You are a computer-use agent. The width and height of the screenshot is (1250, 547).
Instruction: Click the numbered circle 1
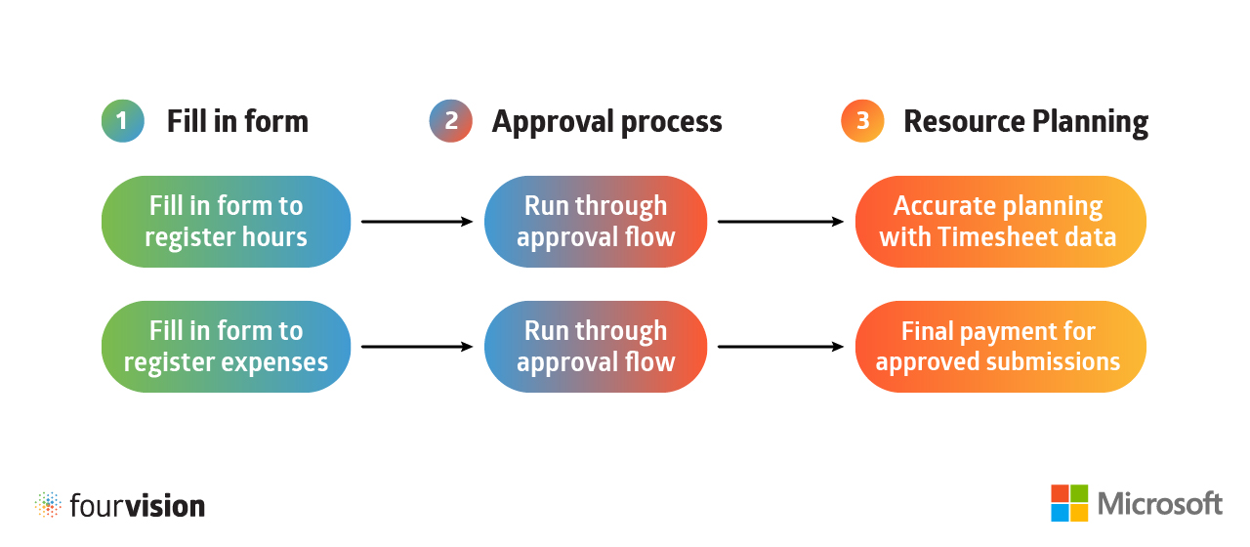pyautogui.click(x=122, y=122)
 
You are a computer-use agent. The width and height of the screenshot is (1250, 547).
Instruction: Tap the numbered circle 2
pyautogui.click(x=450, y=122)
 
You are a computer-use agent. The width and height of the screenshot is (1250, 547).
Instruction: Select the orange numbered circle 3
pyautogui.click(x=862, y=122)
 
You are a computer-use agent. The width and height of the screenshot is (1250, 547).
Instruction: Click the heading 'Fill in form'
pyautogui.click(x=237, y=122)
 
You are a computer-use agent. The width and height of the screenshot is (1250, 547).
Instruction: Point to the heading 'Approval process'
pyautogui.click(x=606, y=122)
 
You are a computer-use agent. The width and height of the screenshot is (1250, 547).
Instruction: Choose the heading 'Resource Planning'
pyautogui.click(x=1025, y=122)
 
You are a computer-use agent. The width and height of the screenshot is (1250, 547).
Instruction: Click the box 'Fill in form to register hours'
pyautogui.click(x=226, y=222)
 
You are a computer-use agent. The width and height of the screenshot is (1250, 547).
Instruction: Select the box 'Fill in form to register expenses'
pyautogui.click(x=226, y=347)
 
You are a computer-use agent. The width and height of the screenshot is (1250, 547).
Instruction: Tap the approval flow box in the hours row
pyautogui.click(x=596, y=222)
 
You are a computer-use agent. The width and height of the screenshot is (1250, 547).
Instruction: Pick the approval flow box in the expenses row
pyautogui.click(x=596, y=347)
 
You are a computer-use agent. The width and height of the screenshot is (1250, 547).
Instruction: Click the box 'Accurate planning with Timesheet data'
pyautogui.click(x=1000, y=222)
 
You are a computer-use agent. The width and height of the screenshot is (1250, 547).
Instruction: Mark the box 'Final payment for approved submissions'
pyautogui.click(x=1000, y=347)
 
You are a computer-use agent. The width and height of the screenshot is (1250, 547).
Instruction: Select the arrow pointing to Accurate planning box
pyautogui.click(x=780, y=222)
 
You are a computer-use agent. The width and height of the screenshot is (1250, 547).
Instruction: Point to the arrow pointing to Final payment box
pyautogui.click(x=780, y=347)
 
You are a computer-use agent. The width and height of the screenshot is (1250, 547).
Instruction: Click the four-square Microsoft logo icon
pyautogui.click(x=1069, y=503)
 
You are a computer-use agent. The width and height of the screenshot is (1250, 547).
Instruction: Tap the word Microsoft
pyautogui.click(x=1160, y=504)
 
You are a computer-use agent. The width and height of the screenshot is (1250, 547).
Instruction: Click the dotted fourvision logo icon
pyautogui.click(x=48, y=505)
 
